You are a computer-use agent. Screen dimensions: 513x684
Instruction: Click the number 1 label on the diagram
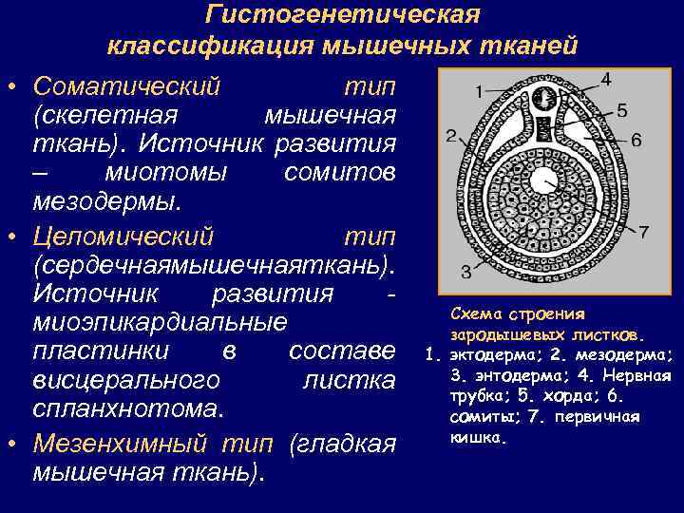(479, 91)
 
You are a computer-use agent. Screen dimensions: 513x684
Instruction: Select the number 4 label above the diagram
(605, 76)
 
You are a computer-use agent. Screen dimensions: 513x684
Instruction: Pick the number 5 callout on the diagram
(621, 110)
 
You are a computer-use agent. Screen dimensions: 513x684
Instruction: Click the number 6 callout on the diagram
(636, 140)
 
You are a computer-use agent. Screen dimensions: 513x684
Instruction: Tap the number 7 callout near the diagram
(643, 231)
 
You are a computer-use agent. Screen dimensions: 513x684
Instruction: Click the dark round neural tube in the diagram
(544, 98)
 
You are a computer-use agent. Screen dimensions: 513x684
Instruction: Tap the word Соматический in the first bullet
(126, 86)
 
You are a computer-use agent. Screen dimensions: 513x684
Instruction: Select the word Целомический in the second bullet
(123, 235)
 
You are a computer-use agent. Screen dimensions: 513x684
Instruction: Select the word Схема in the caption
(476, 314)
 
